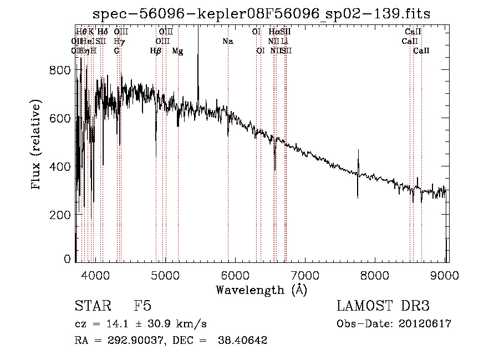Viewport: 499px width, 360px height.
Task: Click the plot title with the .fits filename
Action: [x=261, y=13]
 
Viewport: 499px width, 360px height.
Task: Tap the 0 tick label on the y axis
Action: [x=67, y=259]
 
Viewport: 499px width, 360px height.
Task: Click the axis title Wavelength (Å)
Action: [x=261, y=290]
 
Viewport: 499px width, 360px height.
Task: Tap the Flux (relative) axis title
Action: [x=37, y=145]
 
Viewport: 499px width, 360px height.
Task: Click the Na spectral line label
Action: [x=228, y=41]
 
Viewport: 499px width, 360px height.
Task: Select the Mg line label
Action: [x=177, y=50]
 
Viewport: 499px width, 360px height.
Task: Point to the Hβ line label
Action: [x=156, y=50]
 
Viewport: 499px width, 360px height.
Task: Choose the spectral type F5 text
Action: [x=142, y=306]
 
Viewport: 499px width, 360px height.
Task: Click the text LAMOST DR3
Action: [x=383, y=306]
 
